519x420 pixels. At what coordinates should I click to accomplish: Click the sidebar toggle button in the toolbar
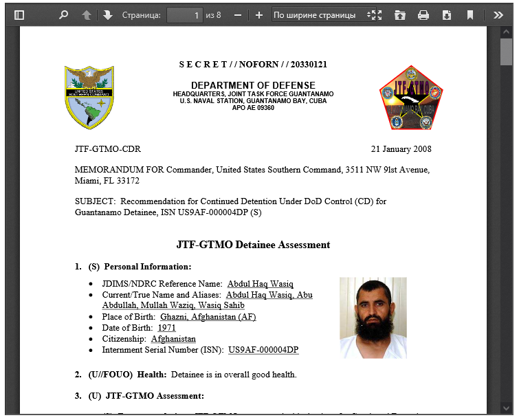click(19, 14)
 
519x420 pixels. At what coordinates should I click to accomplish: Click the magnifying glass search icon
click(63, 14)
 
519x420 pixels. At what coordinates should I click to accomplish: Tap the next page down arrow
click(108, 14)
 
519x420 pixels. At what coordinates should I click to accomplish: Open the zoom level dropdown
click(324, 14)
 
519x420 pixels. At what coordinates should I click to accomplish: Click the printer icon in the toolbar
click(423, 14)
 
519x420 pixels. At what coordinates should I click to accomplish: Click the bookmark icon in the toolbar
click(470, 14)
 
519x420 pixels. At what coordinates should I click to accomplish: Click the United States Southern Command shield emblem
click(89, 98)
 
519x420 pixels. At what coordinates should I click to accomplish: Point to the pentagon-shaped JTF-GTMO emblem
click(411, 98)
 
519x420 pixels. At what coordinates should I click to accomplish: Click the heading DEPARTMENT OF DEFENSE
click(253, 85)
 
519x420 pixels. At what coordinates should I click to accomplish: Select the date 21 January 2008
click(401, 149)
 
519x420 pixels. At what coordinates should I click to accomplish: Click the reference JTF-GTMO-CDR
click(107, 149)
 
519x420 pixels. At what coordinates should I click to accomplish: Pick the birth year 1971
click(166, 328)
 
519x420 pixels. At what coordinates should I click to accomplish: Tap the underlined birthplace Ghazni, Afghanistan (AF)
click(208, 317)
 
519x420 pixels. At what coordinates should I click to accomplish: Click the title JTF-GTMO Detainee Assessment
click(253, 245)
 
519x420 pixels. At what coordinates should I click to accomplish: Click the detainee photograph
click(373, 318)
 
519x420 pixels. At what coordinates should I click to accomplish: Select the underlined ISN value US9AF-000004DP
click(263, 350)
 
